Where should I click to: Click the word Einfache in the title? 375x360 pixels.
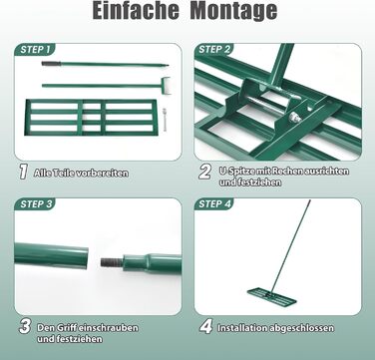pyautogui.click(x=136, y=11)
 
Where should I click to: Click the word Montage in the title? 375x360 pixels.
pyautogui.click(x=233, y=12)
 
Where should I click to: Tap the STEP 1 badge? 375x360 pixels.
pyautogui.click(x=35, y=50)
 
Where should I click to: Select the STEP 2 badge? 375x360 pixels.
pyautogui.click(x=213, y=50)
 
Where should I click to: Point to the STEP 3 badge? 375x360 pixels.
pyautogui.click(x=35, y=204)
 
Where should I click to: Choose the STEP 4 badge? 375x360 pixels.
pyautogui.click(x=213, y=204)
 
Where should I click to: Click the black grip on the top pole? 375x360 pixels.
pyautogui.click(x=51, y=63)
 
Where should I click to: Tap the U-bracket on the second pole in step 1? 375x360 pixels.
pyautogui.click(x=166, y=83)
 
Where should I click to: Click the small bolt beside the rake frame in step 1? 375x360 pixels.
pyautogui.click(x=164, y=117)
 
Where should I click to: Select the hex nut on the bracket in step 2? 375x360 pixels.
pyautogui.click(x=294, y=118)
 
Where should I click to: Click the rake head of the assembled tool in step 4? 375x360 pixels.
pyautogui.click(x=271, y=296)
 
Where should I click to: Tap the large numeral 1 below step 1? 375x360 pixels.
pyautogui.click(x=23, y=172)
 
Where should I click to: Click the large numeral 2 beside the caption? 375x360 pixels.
pyautogui.click(x=205, y=172)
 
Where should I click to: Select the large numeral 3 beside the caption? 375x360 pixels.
pyautogui.click(x=25, y=326)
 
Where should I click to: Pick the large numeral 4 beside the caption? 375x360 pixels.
pyautogui.click(x=205, y=326)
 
